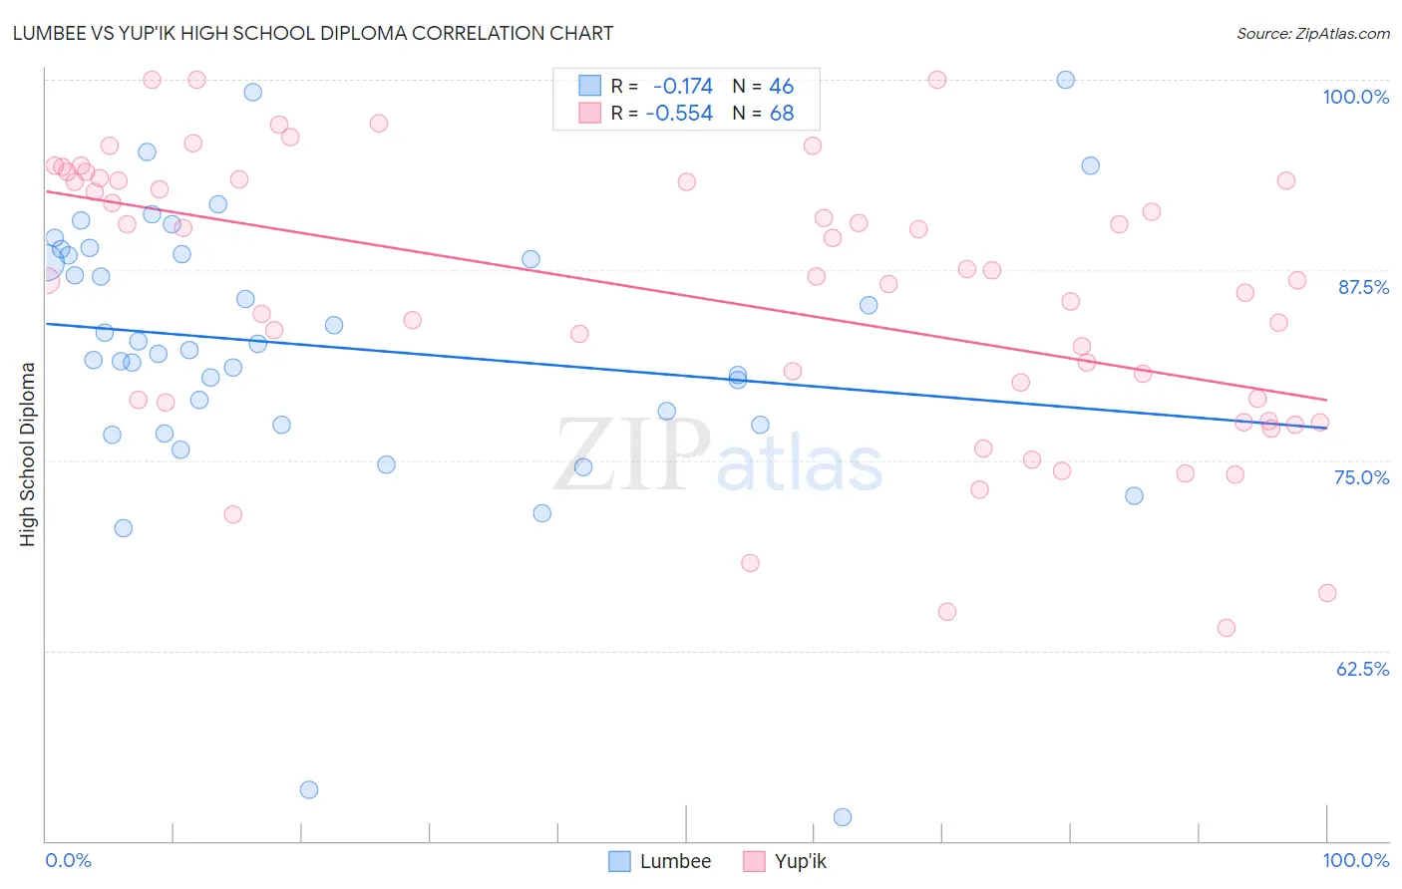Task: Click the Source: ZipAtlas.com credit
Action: pos(1312,33)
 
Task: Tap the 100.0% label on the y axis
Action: pos(1355,97)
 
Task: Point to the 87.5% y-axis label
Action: pos(1362,287)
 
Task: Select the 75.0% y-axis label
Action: pos(1361,477)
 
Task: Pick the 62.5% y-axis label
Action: pos(1362,669)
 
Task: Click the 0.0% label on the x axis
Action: pos(68,860)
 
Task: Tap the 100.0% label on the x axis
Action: pos(1355,860)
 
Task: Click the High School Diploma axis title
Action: pos(28,453)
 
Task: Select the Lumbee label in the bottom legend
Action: pos(675,861)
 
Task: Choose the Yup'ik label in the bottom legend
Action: pos(800,861)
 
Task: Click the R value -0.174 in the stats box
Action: pos(682,87)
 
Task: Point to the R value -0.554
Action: pos(679,114)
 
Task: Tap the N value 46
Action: pos(781,87)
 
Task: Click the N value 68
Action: pos(781,114)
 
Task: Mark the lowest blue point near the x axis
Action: pos(843,817)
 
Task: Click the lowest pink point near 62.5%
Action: pos(1227,628)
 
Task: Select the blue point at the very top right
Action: pos(1066,80)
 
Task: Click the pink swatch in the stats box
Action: pos(590,113)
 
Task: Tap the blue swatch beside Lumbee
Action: pos(619,861)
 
